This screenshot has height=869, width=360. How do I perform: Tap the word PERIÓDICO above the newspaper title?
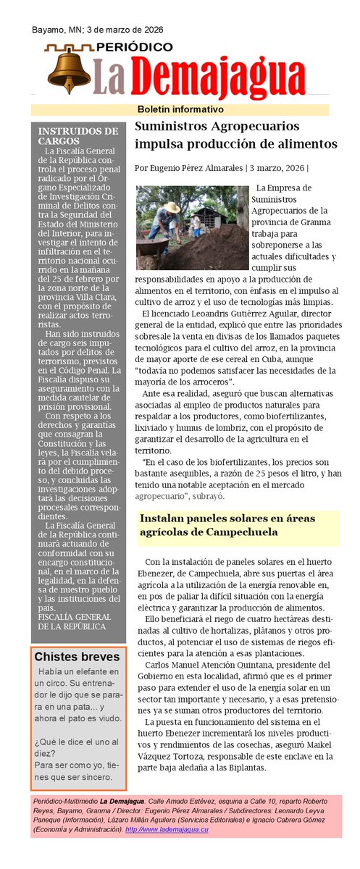(x=134, y=47)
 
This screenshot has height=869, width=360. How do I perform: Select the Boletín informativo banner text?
(x=180, y=109)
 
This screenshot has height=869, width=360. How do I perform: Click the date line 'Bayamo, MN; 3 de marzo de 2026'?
(x=97, y=30)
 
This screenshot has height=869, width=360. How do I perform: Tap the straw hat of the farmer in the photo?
(x=171, y=207)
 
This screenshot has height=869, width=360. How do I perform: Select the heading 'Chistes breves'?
(x=77, y=657)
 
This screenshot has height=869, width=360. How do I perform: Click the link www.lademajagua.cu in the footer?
(x=177, y=828)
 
